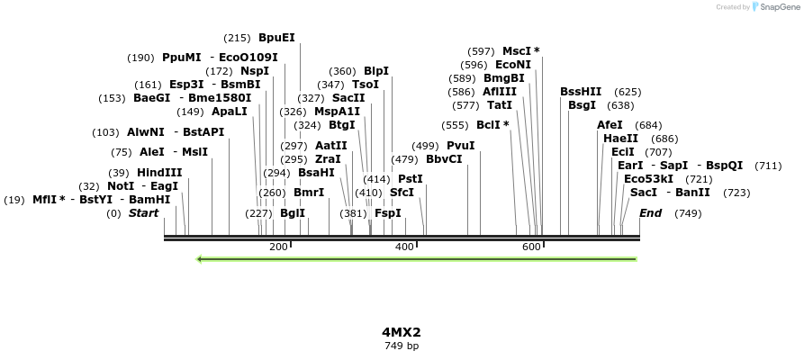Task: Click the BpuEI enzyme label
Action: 276,38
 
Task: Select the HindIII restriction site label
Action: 159,173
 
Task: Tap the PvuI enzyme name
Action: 460,146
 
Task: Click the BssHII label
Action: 581,92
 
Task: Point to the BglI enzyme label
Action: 293,213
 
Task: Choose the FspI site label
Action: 387,213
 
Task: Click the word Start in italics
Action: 143,213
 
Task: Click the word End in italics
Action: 650,213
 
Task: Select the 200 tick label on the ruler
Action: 278,247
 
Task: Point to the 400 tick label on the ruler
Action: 404,247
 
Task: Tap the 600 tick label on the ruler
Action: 531,247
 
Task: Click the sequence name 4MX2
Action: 401,331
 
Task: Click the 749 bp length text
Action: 401,346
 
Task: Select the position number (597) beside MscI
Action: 481,51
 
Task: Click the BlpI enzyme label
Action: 375,71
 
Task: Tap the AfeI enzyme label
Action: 610,125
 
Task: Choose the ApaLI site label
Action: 229,112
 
